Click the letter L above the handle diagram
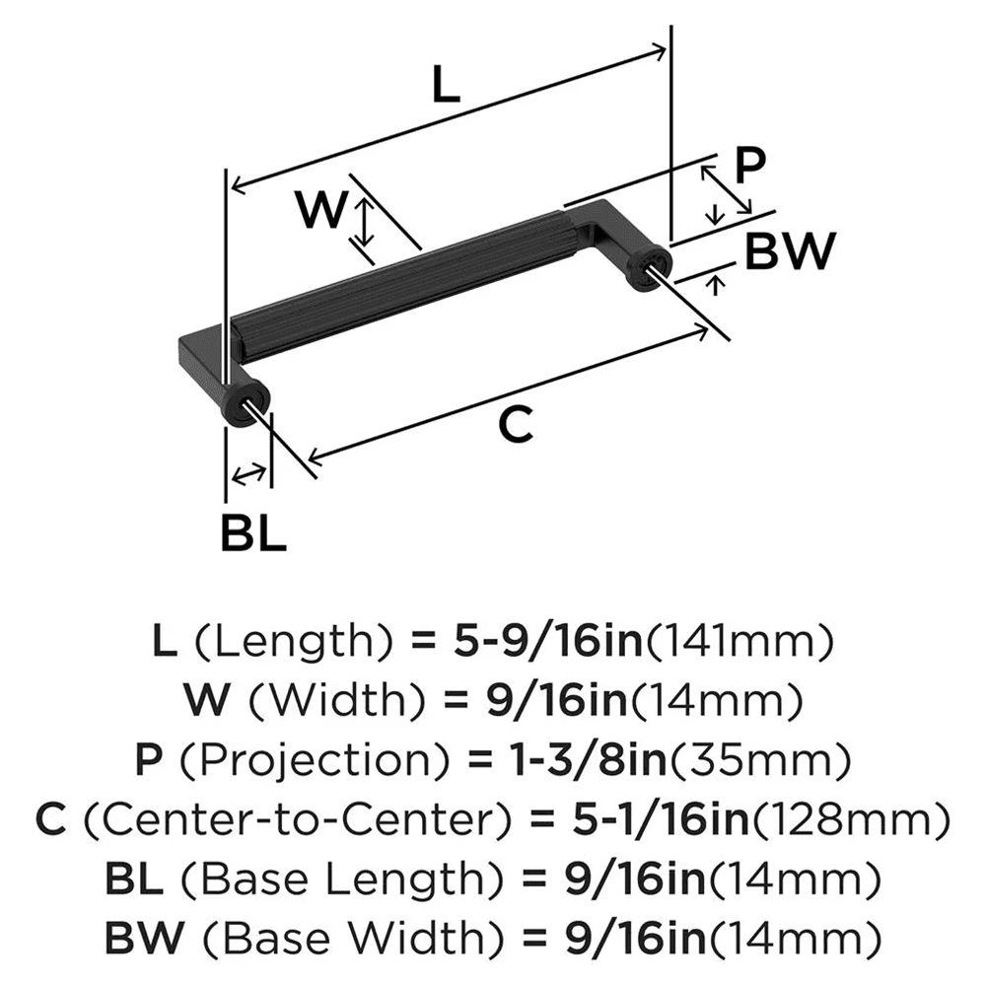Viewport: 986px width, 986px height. (446, 88)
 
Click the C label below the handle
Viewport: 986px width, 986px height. (515, 425)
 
